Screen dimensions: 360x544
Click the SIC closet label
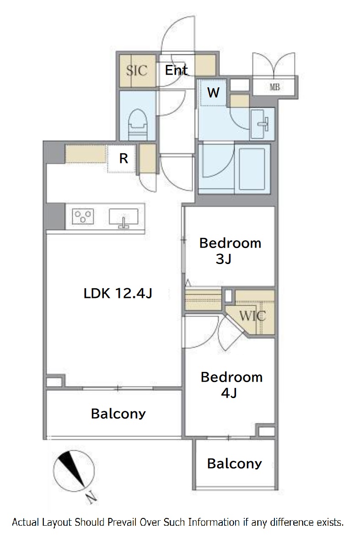click(137, 70)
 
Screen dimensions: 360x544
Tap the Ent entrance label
click(176, 70)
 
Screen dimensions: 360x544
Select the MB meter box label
click(274, 87)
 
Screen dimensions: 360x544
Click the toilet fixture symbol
click(138, 124)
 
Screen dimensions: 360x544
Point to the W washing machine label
click(213, 92)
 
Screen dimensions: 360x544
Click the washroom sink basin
click(262, 123)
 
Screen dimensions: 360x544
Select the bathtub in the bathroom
click(253, 167)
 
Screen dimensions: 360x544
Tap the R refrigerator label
click(124, 158)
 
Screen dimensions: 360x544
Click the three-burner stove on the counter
click(83, 216)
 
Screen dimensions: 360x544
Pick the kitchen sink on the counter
click(124, 217)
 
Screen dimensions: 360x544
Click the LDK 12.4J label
click(118, 294)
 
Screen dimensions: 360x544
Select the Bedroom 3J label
click(230, 250)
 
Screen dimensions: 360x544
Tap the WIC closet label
click(253, 316)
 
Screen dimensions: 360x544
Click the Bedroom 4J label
click(231, 384)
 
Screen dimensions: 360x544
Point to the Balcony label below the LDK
click(118, 414)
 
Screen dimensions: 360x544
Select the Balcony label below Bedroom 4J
click(235, 463)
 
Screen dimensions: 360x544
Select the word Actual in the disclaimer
click(26, 522)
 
